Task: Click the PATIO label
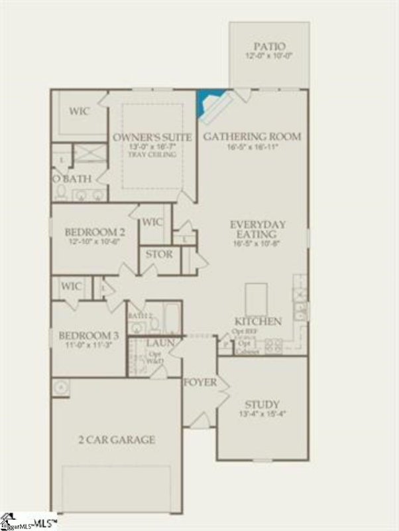coord(269,46)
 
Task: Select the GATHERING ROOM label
coord(252,137)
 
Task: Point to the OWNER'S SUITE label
coord(152,137)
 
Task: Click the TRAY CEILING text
coord(152,155)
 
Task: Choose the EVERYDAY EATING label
coord(258,230)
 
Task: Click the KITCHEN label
coord(258,321)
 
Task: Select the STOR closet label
coord(159,254)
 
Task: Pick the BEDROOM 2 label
coord(95,232)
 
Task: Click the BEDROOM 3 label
coord(88,335)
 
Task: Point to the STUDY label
coord(262,404)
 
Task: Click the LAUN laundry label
coord(160,343)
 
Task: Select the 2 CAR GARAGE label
coord(116,439)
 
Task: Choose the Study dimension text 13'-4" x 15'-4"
coord(262,414)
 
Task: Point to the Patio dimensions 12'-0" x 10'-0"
coord(269,57)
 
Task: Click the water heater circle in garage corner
coord(60,386)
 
